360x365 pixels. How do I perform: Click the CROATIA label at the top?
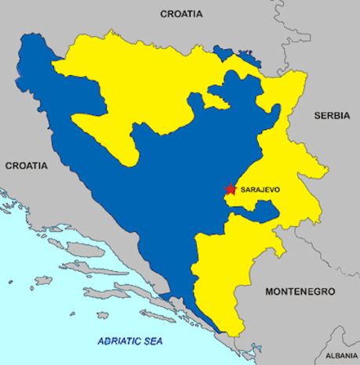[x=181, y=13]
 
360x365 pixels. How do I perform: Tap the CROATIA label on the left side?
[x=26, y=166]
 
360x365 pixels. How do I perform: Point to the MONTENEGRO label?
[x=300, y=291]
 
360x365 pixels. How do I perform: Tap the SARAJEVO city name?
[x=260, y=190]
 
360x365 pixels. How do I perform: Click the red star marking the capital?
[x=230, y=190]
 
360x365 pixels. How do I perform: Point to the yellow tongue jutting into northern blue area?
[x=209, y=100]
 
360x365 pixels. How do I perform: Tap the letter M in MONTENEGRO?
[x=270, y=291]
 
